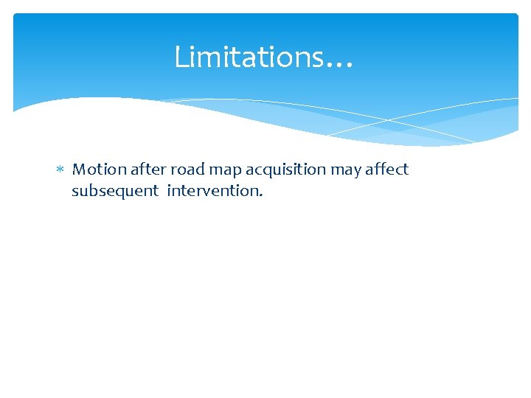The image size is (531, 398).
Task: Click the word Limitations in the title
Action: coord(248,57)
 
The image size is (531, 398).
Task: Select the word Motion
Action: coord(100,170)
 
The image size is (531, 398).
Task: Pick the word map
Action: coord(226,171)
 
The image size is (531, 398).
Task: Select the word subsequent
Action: coord(115,192)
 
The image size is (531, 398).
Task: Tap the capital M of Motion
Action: coord(79,170)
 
